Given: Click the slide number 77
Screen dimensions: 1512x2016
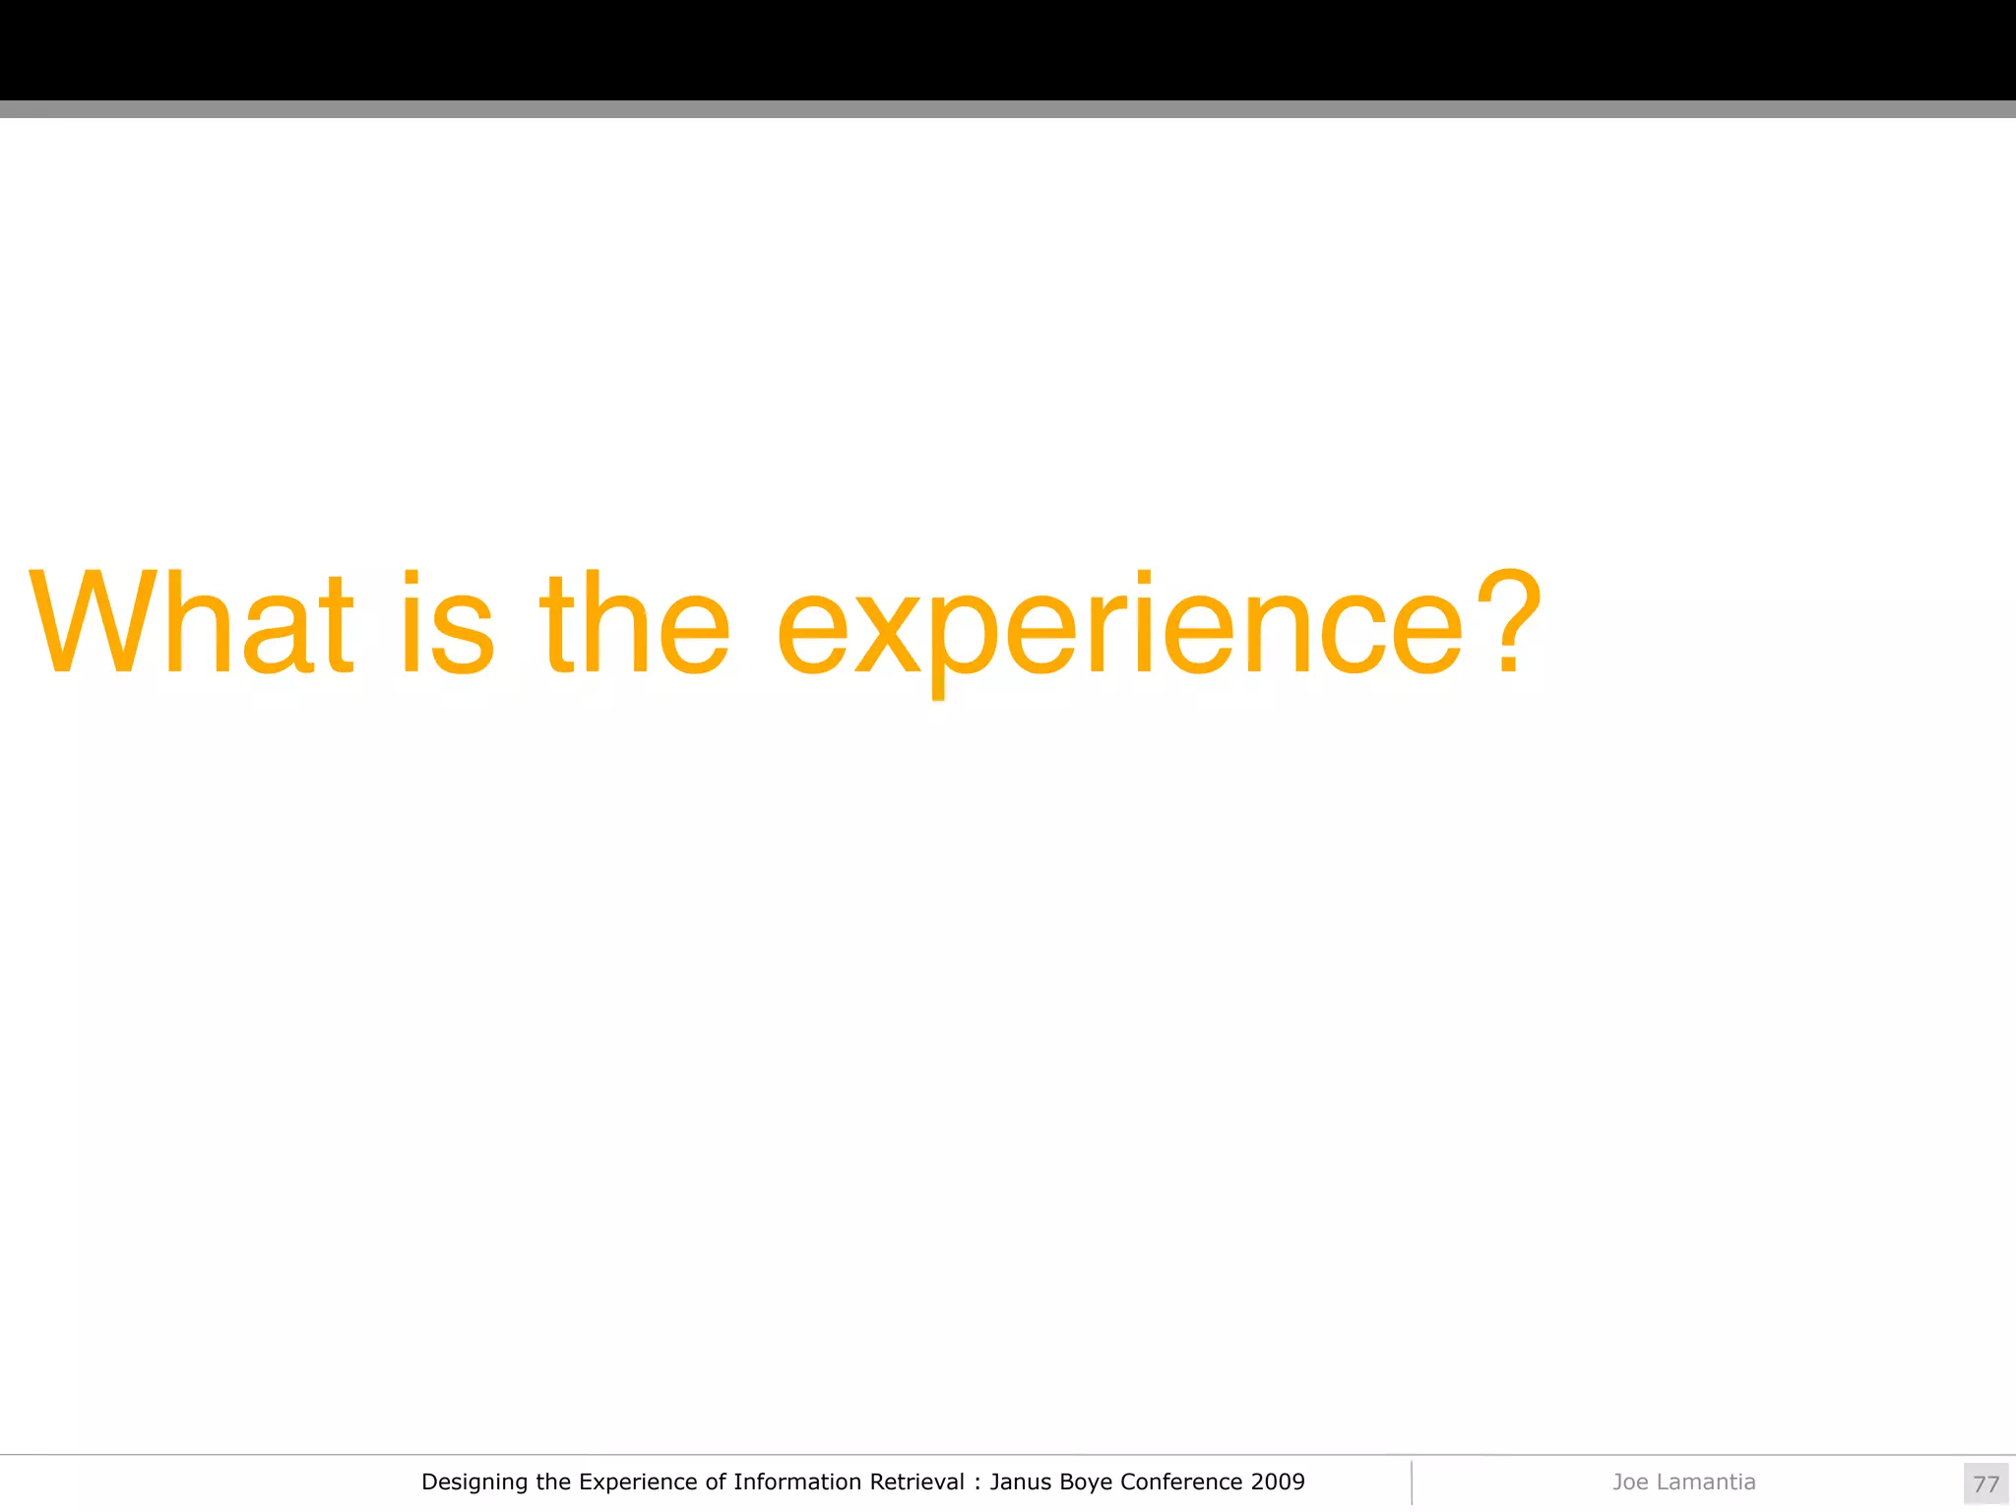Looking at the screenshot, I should tap(1985, 1483).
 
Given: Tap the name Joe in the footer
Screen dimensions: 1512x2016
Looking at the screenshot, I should tap(1630, 1481).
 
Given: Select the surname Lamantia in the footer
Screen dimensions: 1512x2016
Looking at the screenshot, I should tap(1706, 1481).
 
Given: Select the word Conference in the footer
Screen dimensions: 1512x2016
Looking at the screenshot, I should tap(1181, 1481).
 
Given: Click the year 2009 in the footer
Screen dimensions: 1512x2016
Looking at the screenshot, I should tap(1278, 1481).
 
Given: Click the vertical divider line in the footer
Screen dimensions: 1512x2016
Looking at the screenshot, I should tap(1412, 1482).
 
